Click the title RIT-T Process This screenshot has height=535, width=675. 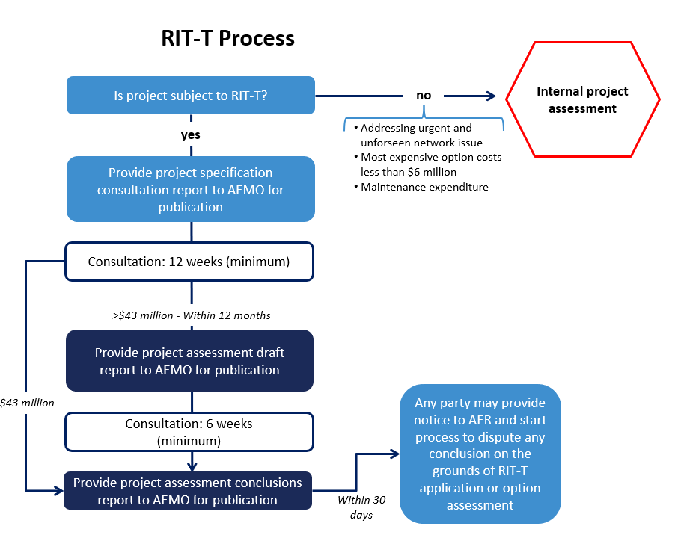[x=227, y=38]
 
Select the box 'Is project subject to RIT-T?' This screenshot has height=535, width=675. [x=191, y=96]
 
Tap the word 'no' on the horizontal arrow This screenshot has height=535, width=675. [x=424, y=96]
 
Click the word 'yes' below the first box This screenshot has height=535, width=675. [x=191, y=135]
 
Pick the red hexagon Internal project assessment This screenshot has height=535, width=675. [x=582, y=99]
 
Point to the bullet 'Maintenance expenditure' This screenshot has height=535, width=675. [x=424, y=187]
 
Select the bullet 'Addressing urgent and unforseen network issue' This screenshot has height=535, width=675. [x=423, y=135]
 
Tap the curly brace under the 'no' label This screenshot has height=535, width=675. [x=424, y=117]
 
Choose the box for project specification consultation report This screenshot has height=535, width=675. [x=191, y=189]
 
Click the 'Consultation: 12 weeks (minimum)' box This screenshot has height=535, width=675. [x=189, y=262]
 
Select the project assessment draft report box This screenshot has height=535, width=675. [x=189, y=361]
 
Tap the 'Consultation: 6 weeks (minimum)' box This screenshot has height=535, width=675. [x=189, y=432]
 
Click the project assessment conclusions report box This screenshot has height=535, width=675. [x=188, y=491]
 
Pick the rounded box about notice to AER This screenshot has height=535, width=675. [x=480, y=454]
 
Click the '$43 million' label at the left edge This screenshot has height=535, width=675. [x=28, y=402]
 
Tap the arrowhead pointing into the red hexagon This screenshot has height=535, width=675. [x=491, y=96]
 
